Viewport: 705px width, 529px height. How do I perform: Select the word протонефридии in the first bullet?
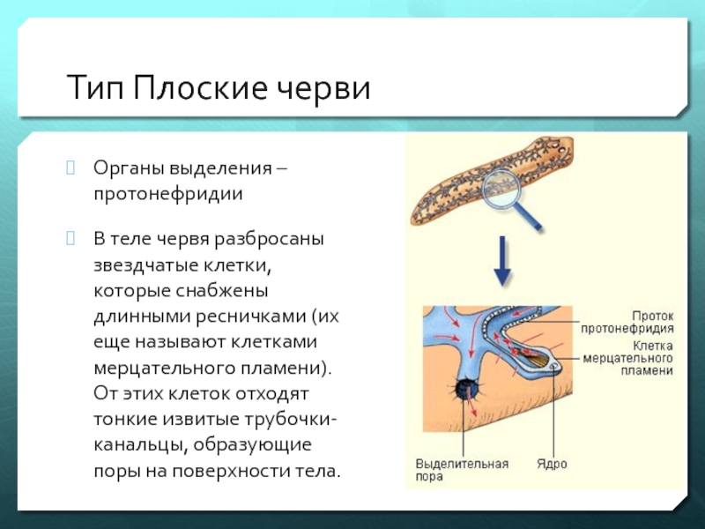click(168, 192)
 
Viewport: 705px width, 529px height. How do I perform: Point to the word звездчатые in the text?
click(141, 264)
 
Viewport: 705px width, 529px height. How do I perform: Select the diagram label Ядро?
click(552, 463)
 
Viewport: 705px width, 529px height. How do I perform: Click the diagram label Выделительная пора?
click(463, 469)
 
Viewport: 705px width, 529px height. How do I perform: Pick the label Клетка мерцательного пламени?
click(627, 359)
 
